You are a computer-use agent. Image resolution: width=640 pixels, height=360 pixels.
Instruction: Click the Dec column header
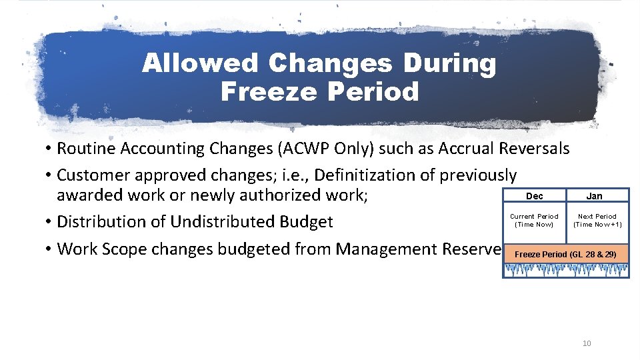[534, 196]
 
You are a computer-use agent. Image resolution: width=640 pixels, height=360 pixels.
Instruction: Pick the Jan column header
[594, 196]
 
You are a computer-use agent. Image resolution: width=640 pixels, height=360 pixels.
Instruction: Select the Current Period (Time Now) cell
[534, 221]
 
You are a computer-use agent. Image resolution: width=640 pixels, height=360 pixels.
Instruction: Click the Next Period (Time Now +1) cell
[597, 221]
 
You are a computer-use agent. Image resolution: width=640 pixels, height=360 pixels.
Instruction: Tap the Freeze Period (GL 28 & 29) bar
[565, 255]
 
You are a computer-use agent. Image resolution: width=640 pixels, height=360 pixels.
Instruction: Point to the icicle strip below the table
[565, 270]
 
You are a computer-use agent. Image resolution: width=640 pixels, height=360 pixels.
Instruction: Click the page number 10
[587, 343]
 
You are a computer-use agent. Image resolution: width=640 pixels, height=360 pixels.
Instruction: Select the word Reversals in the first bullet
[532, 148]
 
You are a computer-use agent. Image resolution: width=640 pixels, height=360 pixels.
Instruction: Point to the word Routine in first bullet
[85, 148]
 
